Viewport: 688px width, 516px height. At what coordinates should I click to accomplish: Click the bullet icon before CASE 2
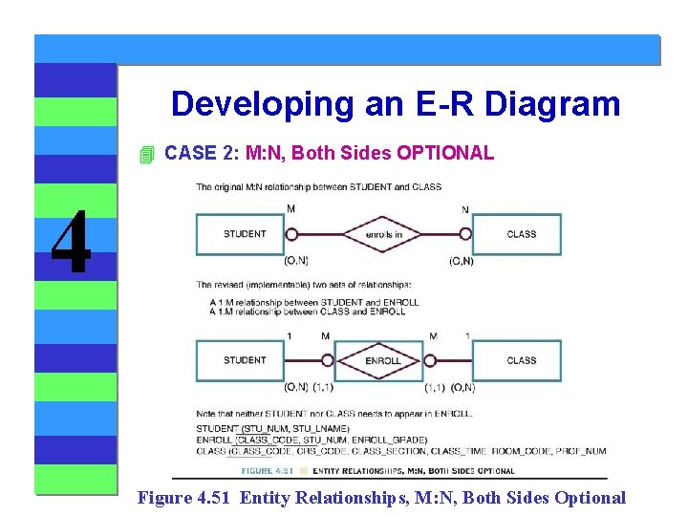click(145, 154)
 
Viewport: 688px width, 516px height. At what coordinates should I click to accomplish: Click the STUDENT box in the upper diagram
click(245, 234)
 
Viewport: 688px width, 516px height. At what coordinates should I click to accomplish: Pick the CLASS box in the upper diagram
click(521, 234)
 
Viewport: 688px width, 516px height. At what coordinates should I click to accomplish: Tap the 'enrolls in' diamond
click(383, 234)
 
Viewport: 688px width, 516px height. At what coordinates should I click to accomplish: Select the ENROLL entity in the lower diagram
click(383, 361)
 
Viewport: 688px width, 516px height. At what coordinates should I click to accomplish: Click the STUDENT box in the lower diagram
click(245, 361)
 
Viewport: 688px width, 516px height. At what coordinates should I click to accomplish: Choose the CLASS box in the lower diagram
click(521, 361)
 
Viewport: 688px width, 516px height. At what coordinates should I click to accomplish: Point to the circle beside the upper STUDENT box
click(292, 234)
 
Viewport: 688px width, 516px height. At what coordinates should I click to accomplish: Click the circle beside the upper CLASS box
click(465, 234)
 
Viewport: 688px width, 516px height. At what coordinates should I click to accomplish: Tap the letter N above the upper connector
click(464, 209)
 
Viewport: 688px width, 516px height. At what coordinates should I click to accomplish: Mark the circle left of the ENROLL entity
click(327, 361)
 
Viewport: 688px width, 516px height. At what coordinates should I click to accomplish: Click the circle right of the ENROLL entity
click(430, 361)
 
